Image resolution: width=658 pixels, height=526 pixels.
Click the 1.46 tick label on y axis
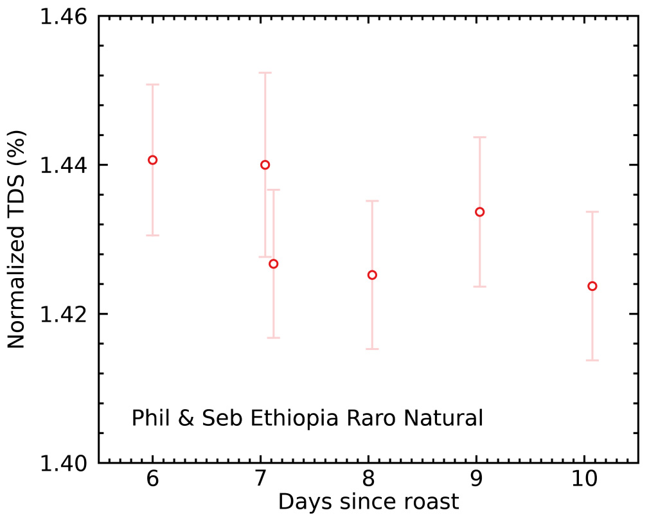point(64,17)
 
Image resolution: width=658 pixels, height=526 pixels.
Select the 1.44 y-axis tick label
point(64,166)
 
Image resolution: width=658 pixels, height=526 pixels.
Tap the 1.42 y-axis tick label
point(64,315)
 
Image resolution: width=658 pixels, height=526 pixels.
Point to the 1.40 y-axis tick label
point(64,464)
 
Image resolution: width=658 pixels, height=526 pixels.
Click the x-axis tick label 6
point(153,478)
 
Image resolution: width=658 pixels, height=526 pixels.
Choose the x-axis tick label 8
point(368,478)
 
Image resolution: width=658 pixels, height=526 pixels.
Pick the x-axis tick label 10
point(585,478)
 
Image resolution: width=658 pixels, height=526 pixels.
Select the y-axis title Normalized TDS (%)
point(16,239)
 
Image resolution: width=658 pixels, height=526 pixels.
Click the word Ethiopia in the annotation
point(294,417)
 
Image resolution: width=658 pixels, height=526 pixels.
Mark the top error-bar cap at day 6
point(153,84)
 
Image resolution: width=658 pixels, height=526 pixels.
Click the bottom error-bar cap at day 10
point(592,360)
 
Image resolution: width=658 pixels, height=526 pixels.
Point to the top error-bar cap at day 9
point(479,137)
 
